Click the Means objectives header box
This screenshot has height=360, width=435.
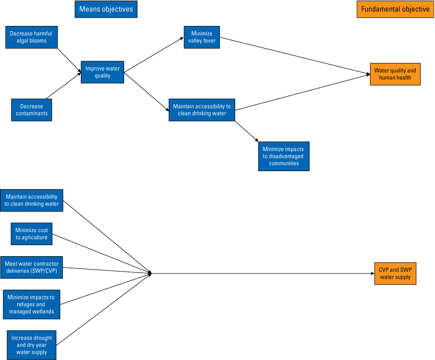click(x=106, y=9)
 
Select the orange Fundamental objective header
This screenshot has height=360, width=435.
click(x=395, y=9)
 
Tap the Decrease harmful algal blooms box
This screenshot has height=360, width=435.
click(x=31, y=37)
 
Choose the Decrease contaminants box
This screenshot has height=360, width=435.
click(x=31, y=110)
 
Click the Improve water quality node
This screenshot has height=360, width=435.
click(x=102, y=72)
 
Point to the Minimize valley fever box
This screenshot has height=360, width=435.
click(x=202, y=37)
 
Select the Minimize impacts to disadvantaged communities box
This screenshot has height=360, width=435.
click(x=284, y=156)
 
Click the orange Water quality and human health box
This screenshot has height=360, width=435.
click(x=395, y=74)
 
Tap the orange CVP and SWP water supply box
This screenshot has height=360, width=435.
click(x=395, y=273)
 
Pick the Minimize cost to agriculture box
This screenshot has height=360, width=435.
click(x=31, y=234)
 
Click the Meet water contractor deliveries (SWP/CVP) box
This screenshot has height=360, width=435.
click(x=31, y=267)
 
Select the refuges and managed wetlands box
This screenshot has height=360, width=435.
click(x=31, y=304)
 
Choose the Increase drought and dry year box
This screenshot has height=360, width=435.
click(x=31, y=345)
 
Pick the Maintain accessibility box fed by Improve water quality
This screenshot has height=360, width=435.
click(x=201, y=110)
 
